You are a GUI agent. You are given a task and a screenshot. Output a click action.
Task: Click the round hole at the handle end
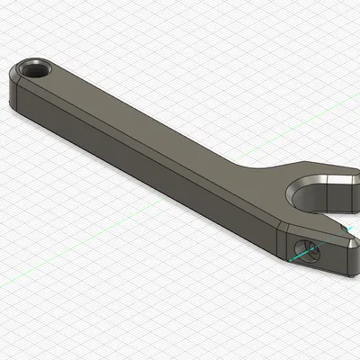pos(36,69)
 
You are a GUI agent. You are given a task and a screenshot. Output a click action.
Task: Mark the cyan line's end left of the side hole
pos(289,260)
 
